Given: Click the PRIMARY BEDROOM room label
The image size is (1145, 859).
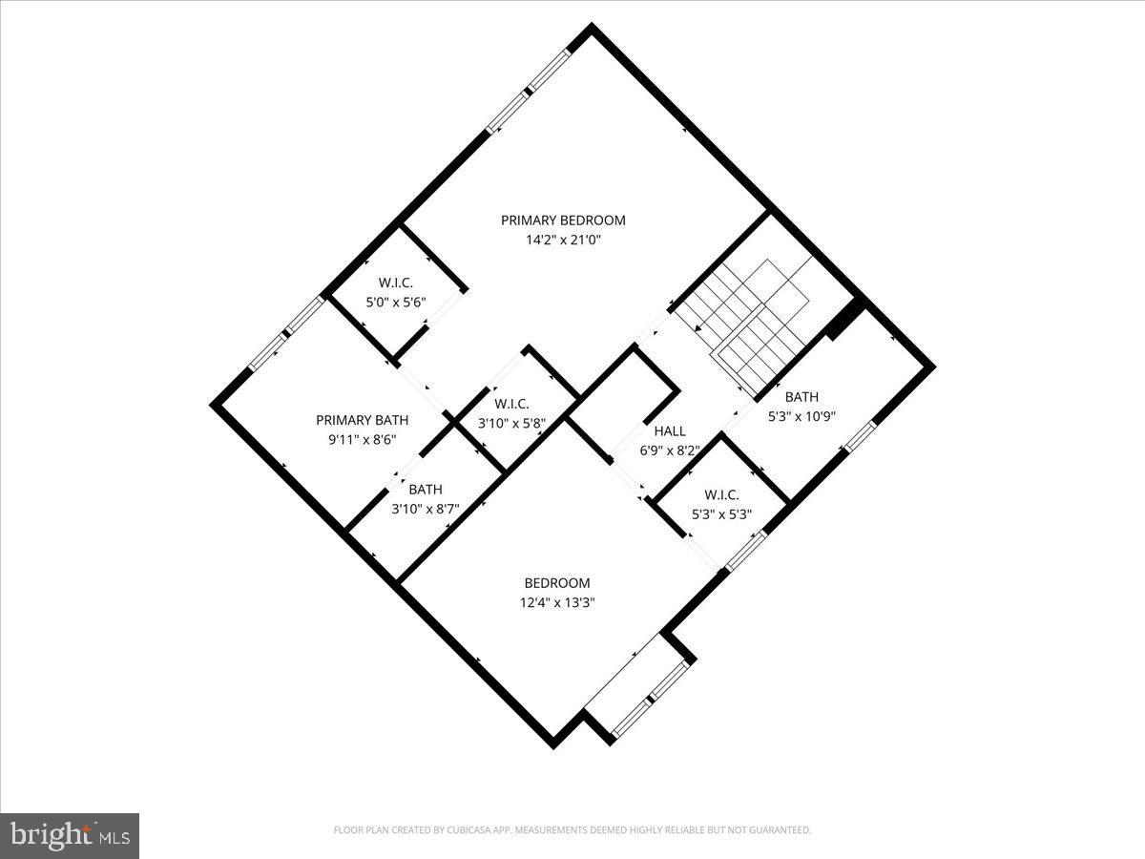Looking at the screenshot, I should (x=563, y=220).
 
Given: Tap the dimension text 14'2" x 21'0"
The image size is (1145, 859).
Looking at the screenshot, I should (x=563, y=240).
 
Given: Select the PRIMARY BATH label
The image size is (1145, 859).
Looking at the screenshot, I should (x=362, y=420).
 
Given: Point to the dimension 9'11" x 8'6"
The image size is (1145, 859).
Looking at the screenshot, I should (x=362, y=439).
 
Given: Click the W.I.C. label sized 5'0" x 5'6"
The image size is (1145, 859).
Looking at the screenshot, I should (x=395, y=283).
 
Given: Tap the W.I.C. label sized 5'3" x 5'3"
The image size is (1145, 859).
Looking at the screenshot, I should (x=721, y=494).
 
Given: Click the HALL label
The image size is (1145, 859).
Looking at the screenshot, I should (x=670, y=430).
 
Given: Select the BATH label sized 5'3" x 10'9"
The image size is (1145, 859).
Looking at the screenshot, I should (x=801, y=397).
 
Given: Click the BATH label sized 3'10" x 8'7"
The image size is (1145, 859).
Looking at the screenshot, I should (x=426, y=490).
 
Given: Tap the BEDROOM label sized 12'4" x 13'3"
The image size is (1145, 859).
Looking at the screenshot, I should (x=557, y=583).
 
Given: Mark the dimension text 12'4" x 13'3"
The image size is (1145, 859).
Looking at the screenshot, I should (x=557, y=602).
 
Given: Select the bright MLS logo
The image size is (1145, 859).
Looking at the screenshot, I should (x=70, y=835).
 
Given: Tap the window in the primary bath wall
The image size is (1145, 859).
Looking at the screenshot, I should (x=286, y=334).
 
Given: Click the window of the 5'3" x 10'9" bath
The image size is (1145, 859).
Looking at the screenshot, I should (x=859, y=436).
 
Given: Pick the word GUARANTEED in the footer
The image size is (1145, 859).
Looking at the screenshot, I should (x=777, y=830).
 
